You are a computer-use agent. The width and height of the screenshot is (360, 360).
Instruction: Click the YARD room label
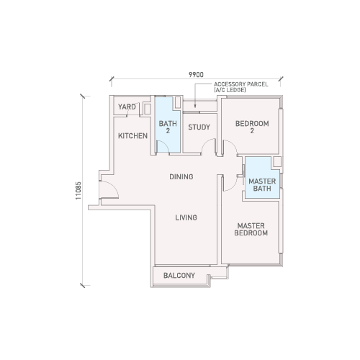[127, 107]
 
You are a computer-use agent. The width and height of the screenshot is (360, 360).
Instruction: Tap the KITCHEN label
[132, 136]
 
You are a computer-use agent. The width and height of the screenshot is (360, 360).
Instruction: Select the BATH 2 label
[168, 127]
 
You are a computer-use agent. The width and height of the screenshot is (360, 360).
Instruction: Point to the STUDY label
[199, 127]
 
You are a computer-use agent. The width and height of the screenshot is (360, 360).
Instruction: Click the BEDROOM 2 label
[252, 127]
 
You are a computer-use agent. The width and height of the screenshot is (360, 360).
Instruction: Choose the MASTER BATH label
[262, 185]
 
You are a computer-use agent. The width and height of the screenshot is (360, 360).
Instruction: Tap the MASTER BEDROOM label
[251, 229]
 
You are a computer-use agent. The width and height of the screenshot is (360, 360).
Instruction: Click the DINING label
[181, 176]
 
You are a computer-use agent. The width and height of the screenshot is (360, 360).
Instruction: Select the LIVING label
[186, 217]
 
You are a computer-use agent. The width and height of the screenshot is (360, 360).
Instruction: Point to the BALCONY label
[179, 275]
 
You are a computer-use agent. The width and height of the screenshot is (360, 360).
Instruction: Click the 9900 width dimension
[196, 75]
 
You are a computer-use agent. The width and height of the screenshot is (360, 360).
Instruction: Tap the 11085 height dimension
[78, 191]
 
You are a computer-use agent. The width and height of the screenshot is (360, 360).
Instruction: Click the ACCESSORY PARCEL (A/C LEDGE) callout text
[241, 87]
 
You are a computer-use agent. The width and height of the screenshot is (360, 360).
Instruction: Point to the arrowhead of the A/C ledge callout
[195, 106]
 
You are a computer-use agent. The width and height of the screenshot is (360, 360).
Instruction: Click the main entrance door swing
[113, 186]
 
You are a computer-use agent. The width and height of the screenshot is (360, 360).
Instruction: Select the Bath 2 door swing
[166, 143]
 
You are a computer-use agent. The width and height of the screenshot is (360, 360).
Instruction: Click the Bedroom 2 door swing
[233, 143]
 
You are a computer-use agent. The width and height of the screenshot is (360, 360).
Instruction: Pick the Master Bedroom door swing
[233, 186]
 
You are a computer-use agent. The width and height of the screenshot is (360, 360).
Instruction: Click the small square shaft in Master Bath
[277, 161]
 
